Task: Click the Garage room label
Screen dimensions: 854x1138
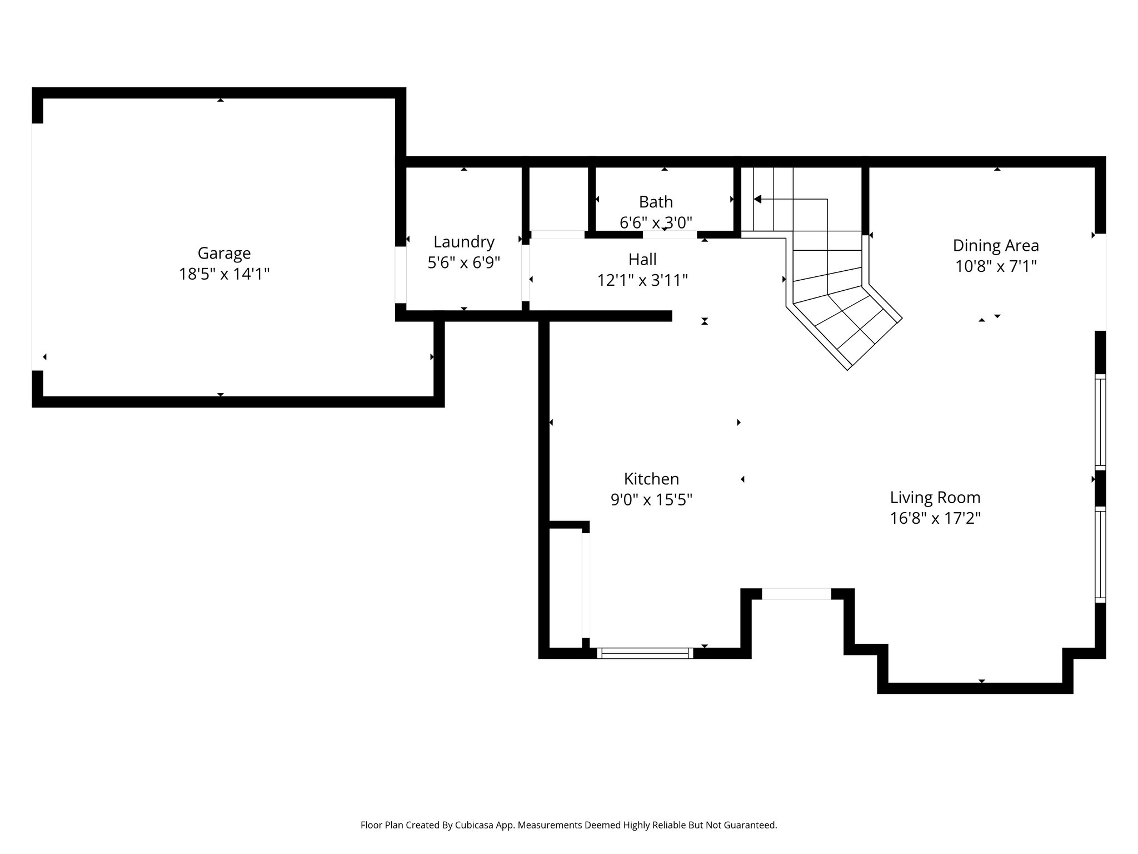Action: click(224, 254)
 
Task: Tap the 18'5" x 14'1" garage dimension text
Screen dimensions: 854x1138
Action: click(224, 274)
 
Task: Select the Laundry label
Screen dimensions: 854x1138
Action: click(464, 242)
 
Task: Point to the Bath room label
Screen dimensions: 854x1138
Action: click(656, 202)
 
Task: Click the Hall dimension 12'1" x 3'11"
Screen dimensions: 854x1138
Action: click(642, 280)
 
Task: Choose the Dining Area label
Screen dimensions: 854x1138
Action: click(996, 245)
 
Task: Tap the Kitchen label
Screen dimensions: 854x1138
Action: click(651, 479)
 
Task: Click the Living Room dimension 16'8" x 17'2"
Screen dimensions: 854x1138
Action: click(935, 518)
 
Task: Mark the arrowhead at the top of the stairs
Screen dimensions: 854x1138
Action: click(757, 199)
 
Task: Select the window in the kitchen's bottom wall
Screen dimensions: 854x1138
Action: click(645, 653)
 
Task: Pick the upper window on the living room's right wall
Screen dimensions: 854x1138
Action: click(1100, 421)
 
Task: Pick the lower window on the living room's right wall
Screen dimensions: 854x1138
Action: click(1100, 554)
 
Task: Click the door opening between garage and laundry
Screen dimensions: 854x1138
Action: click(401, 275)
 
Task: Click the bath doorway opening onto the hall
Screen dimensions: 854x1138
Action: click(670, 235)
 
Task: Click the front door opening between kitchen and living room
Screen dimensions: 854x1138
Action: click(796, 594)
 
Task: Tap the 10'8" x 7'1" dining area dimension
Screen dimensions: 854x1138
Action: click(996, 266)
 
